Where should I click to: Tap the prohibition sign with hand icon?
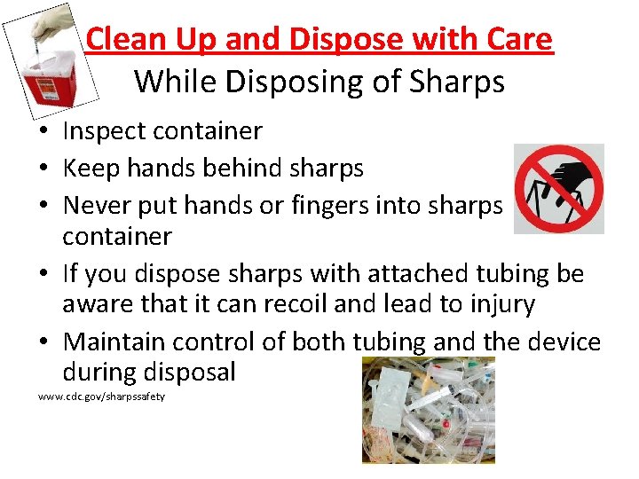559,188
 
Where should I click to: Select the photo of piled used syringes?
427,409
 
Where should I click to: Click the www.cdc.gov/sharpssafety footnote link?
101,396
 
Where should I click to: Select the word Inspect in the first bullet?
103,131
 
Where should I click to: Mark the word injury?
498,305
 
